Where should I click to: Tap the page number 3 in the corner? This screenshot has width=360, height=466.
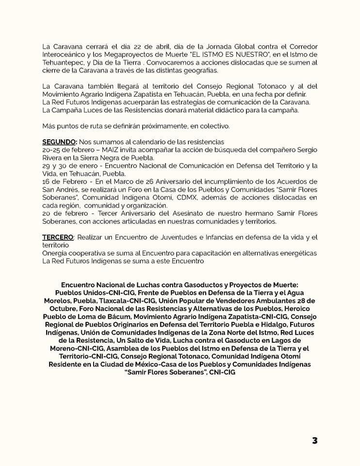tap(315, 440)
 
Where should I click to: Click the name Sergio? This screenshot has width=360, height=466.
tap(306, 150)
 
